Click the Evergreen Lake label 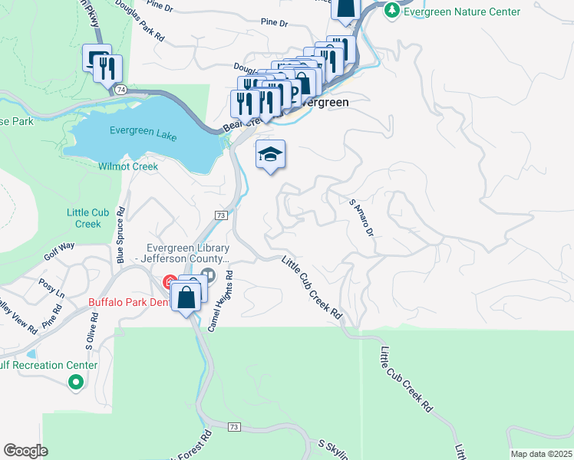143,131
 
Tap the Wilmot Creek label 128,166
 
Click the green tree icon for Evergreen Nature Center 392,10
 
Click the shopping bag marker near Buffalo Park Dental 186,297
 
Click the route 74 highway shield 121,90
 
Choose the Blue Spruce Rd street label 120,235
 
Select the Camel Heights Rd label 220,301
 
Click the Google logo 25,450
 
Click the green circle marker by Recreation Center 75,381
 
